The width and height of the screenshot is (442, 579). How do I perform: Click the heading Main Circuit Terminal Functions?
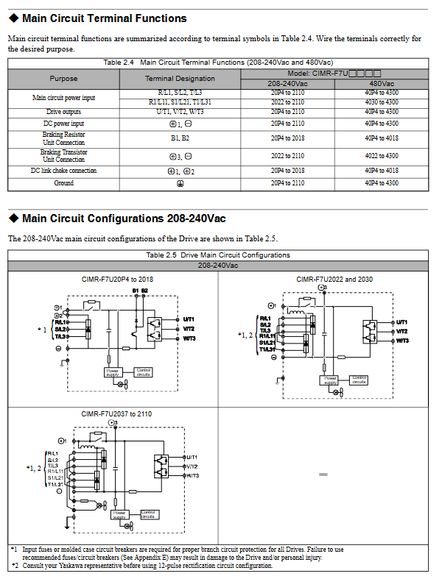coord(104,18)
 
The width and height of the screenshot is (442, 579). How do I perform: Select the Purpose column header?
coord(63,78)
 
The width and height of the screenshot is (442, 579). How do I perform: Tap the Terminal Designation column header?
coord(180,78)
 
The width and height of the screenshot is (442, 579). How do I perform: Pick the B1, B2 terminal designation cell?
coord(180,138)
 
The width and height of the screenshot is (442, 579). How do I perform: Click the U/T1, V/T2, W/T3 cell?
coord(180,112)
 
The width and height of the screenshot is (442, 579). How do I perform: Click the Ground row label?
coord(63,183)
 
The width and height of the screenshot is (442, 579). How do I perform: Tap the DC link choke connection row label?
coord(63,171)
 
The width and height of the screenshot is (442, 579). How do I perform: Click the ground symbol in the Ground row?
coord(180,183)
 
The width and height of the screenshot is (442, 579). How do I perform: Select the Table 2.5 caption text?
coord(218,255)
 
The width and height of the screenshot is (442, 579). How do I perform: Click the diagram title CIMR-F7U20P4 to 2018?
coord(118,280)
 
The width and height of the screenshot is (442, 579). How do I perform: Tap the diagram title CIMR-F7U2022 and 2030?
coord(334,280)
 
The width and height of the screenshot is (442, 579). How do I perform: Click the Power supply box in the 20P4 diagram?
coord(113,372)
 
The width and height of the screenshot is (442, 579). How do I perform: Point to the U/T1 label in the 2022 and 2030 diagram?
coord(402,322)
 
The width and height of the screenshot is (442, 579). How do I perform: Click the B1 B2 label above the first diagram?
coord(140,291)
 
